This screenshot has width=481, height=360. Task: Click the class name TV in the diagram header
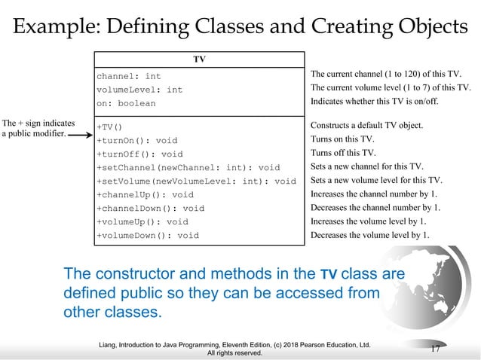coord(199,59)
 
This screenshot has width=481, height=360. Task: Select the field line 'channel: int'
coord(129,76)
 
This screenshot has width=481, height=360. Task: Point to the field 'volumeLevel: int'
coord(139,90)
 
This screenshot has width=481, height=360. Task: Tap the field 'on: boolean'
coord(126,103)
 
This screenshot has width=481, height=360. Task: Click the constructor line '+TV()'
coord(109,127)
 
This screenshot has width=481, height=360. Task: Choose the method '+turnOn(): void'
coord(137,140)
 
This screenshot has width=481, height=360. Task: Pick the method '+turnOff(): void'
coord(139,154)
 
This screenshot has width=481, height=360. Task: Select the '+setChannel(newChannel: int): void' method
coord(188,167)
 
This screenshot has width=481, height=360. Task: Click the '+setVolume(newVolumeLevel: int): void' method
coord(196,181)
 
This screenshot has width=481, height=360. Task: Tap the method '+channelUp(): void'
coord(145,194)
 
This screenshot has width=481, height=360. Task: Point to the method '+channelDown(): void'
coord(150,208)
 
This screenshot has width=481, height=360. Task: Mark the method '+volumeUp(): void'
coord(142,221)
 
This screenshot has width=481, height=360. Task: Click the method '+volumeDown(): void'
coord(148,235)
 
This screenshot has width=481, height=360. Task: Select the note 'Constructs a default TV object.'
coord(367,125)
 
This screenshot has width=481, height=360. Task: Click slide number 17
coord(435,348)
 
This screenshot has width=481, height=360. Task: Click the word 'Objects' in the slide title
coord(426,28)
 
